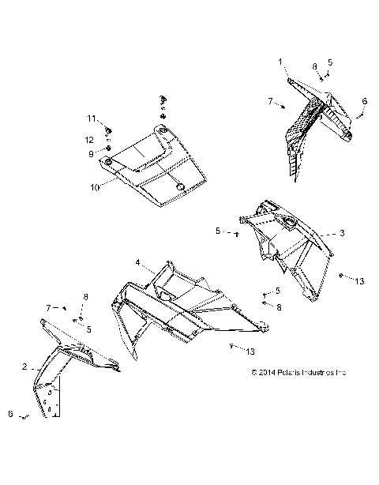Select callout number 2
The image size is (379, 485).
pos(24,367)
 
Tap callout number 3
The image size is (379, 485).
pos(342,233)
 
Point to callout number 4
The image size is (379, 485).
pos(137,261)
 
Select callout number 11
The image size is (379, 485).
pos(92,118)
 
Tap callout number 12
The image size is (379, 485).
pos(92,139)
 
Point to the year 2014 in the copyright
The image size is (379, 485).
pos(265,372)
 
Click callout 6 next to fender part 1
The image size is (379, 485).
pos(365,101)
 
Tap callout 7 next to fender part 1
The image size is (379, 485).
pos(270,102)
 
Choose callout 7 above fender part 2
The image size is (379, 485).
pos(47,306)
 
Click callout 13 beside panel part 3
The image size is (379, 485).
pos(359,280)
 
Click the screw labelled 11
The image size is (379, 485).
pos(108,126)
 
